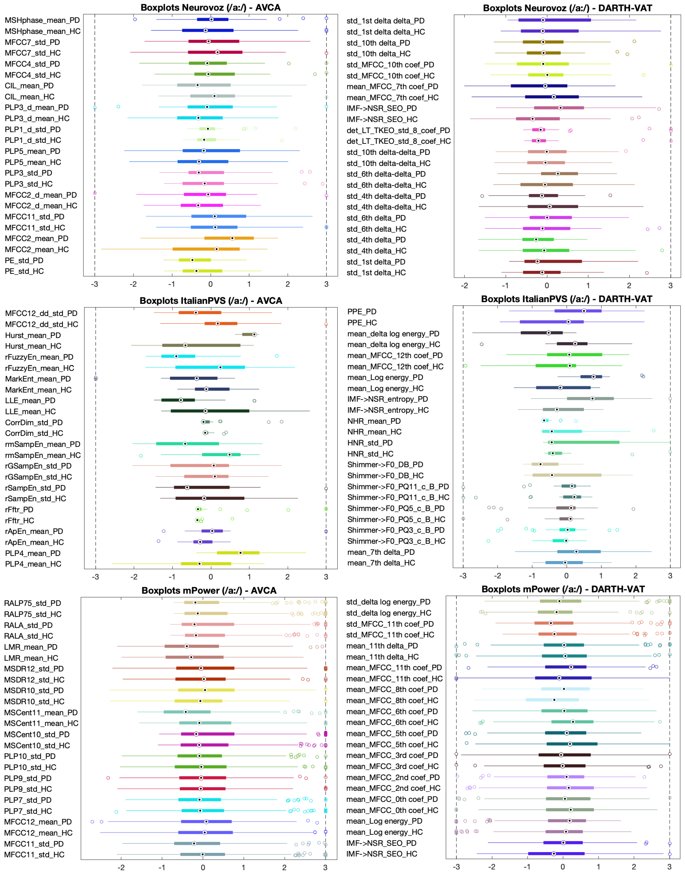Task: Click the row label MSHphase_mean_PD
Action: click(x=42, y=20)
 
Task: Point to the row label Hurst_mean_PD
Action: click(x=33, y=335)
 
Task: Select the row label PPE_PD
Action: click(x=362, y=311)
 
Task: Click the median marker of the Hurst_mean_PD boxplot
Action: click(x=254, y=334)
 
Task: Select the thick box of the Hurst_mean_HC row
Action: click(x=201, y=345)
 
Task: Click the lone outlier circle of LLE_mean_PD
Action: click(x=254, y=400)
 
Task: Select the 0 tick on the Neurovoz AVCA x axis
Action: click(x=210, y=284)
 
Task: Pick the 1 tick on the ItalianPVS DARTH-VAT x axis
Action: click(x=601, y=576)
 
